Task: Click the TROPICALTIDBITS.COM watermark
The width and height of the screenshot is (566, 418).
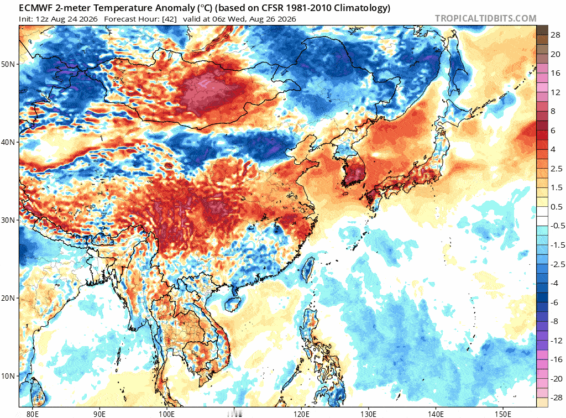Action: [485, 18]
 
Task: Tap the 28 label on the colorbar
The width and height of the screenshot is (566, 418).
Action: [555, 35]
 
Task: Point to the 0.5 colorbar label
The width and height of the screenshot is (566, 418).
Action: [556, 207]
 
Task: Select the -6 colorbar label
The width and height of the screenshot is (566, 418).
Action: [554, 302]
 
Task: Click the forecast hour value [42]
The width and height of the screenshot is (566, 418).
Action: [169, 19]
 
